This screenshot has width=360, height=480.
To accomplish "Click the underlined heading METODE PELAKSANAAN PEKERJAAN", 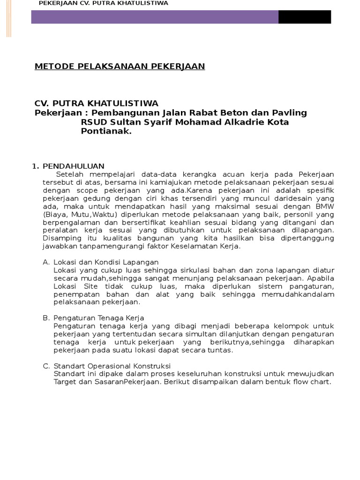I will pos(120,66).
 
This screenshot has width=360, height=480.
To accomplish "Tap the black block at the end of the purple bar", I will pos(304,17).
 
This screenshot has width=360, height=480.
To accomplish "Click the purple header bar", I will pos(155,17).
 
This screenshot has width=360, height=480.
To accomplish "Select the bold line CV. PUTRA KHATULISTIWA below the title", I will pos(97,103).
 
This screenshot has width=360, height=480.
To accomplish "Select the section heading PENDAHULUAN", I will pos(74,166).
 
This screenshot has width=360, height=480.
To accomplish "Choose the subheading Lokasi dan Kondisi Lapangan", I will pos(106,262).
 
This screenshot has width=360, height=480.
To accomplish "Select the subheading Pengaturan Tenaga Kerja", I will pos(99,318).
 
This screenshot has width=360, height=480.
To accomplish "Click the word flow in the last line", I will pos(297,382).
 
